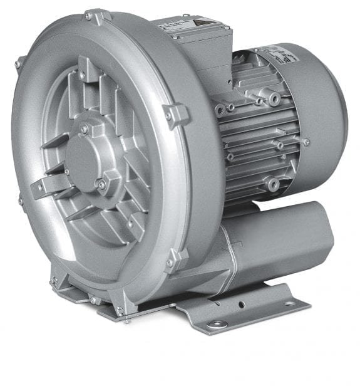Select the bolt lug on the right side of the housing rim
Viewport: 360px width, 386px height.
coord(175,115)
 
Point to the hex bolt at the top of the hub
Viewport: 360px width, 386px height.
coord(84,129)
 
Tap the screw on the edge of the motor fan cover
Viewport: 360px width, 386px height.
coord(306,142)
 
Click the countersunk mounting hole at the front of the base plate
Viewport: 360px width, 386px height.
coord(217,323)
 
